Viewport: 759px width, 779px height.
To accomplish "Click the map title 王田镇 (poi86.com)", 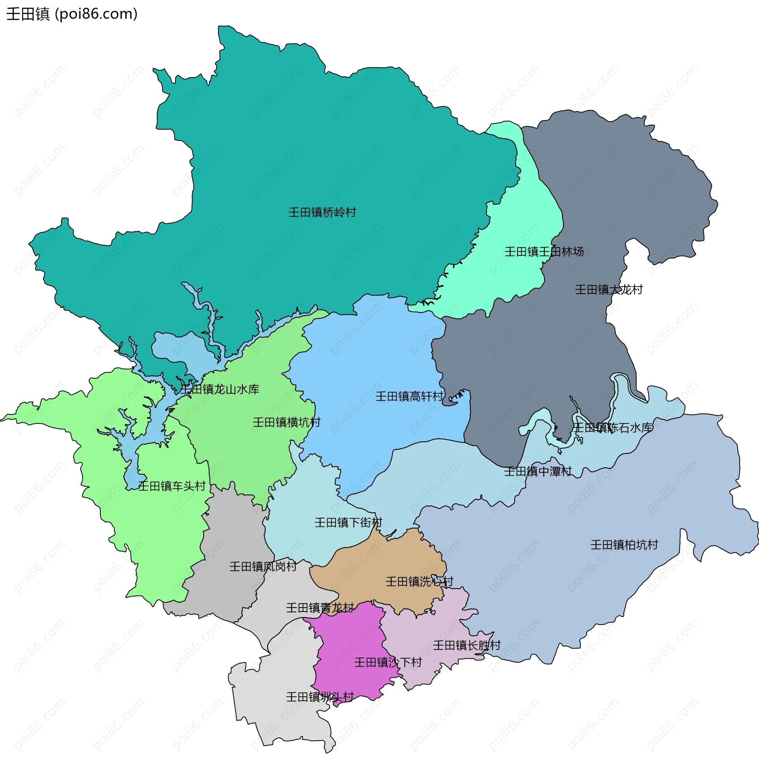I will click(72, 14).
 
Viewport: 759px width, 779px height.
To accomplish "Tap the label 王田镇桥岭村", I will click(322, 212).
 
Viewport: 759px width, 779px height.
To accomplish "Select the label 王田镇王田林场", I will click(544, 251).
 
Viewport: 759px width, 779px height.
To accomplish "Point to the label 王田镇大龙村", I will click(609, 289).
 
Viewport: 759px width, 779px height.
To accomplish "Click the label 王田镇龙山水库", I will click(220, 389).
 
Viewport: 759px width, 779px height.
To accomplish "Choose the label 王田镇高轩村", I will click(410, 396).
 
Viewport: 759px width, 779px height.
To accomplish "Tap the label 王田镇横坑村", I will click(287, 422).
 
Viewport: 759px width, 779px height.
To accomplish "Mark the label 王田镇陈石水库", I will click(613, 428).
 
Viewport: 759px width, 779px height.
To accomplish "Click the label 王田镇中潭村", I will click(538, 471).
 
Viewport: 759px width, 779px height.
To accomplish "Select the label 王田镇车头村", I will click(172, 486).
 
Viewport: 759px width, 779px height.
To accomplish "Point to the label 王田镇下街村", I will click(348, 522).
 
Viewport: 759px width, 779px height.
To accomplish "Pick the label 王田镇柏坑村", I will click(624, 545).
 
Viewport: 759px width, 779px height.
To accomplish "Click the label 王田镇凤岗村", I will click(263, 567).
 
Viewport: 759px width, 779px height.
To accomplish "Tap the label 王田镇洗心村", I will click(419, 581).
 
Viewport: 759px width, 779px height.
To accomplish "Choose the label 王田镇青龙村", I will click(320, 608).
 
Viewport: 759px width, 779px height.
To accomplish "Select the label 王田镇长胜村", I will click(467, 645).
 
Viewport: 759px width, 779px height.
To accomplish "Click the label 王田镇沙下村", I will click(388, 663).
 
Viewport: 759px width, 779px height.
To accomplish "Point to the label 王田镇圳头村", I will click(320, 697).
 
